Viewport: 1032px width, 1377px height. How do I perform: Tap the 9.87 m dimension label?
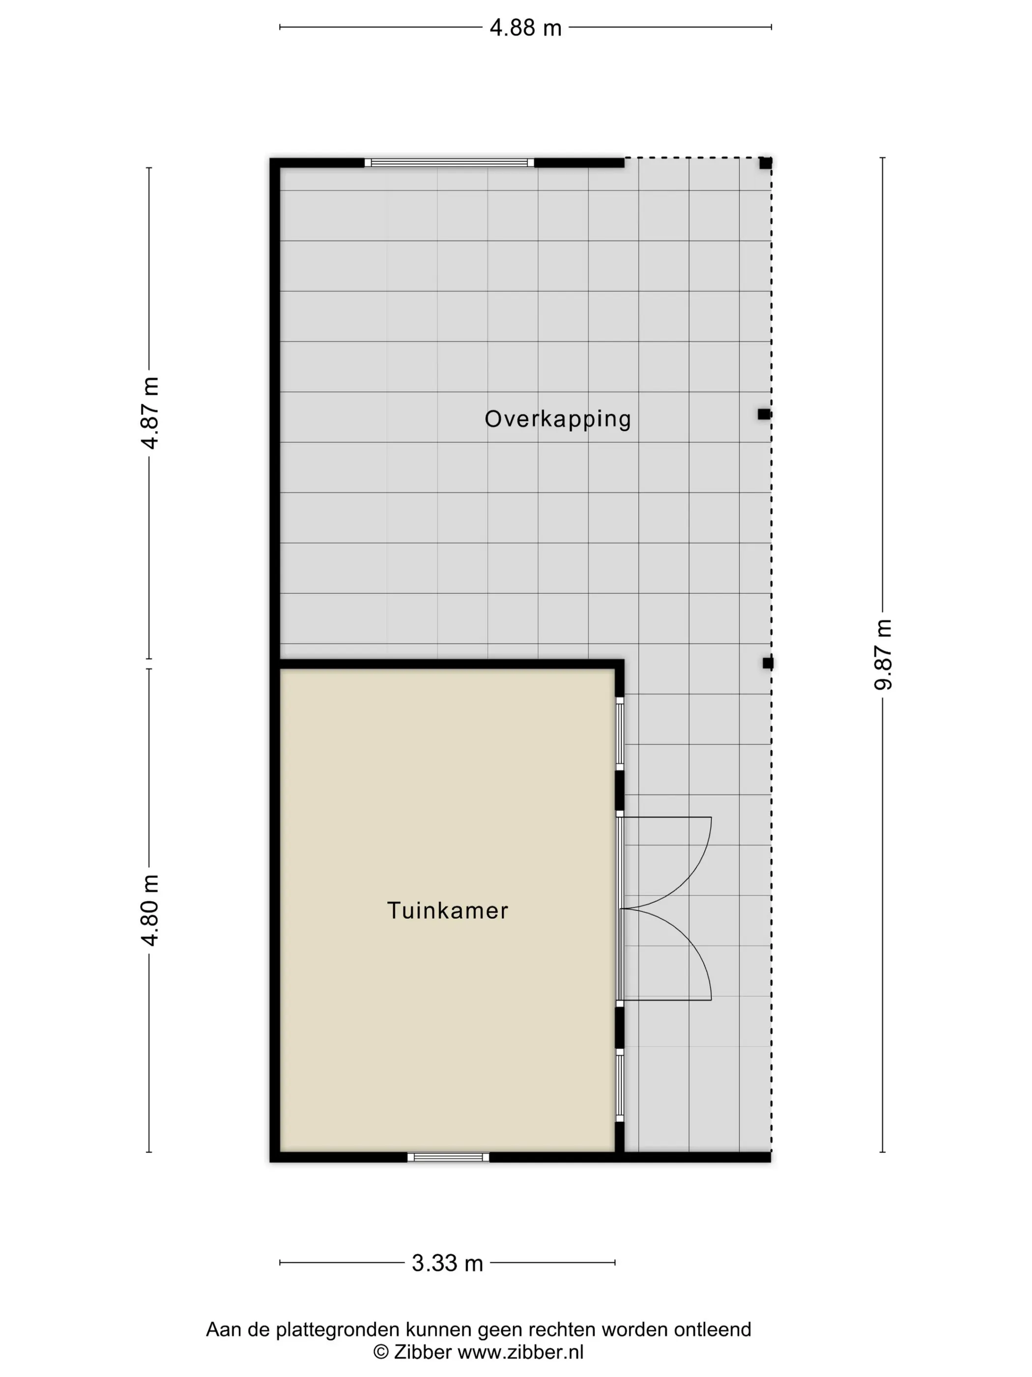(x=883, y=655)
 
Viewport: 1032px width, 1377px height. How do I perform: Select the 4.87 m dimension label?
(x=150, y=413)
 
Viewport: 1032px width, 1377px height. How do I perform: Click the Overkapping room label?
(x=557, y=419)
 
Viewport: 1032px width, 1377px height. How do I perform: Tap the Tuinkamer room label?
(x=447, y=911)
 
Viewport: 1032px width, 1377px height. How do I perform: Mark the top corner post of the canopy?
(x=765, y=163)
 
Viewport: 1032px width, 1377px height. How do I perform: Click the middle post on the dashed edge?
(x=764, y=414)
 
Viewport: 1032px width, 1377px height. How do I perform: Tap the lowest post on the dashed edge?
(x=768, y=663)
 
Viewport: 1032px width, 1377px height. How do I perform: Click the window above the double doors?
(x=620, y=734)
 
